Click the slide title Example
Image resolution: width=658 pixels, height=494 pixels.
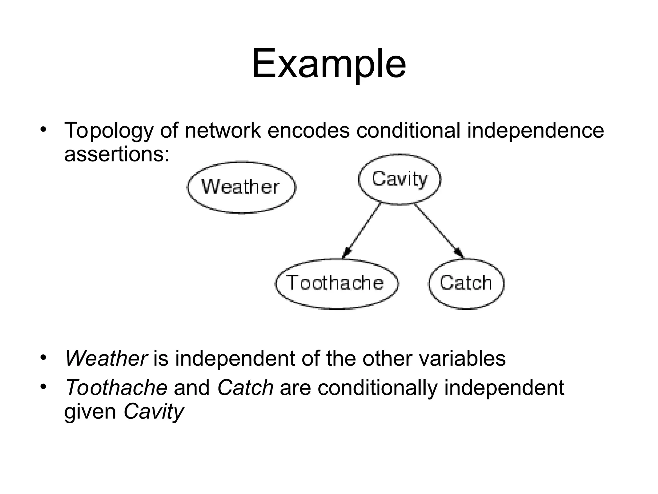329,64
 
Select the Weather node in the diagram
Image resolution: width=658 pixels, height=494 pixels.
241,187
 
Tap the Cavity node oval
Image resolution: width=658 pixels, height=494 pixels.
399,179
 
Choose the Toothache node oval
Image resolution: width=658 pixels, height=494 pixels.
336,283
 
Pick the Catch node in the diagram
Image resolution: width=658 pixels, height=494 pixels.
466,283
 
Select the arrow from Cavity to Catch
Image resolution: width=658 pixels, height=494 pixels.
439,230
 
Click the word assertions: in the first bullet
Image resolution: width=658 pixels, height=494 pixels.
117,155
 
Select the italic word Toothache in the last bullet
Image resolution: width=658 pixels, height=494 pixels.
116,388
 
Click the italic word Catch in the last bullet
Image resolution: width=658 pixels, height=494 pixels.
245,388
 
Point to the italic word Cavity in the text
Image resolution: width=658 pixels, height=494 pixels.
154,412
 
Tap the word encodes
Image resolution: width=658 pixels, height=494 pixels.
308,130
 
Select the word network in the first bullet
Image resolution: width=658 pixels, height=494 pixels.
223,130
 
